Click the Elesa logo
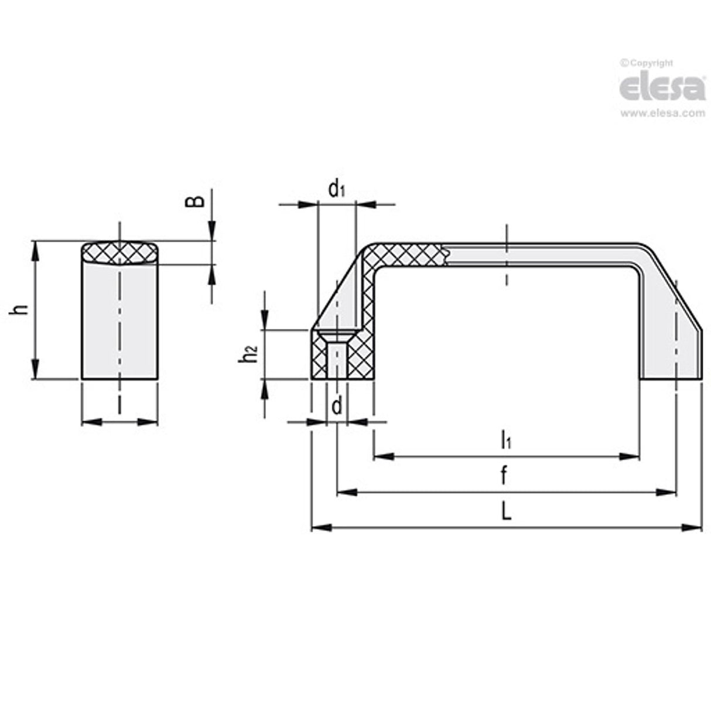point(662,88)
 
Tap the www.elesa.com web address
point(662,114)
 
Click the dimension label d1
point(336,189)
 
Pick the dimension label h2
point(249,354)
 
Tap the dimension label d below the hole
point(337,406)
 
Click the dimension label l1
point(505,439)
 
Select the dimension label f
point(504,476)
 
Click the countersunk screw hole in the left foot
point(337,354)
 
